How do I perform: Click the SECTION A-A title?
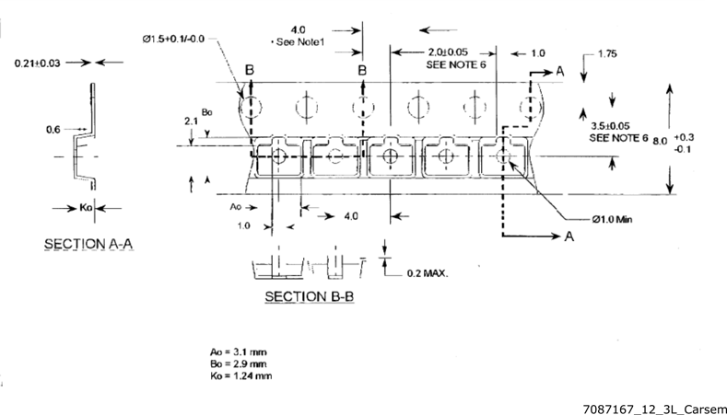pyautogui.click(x=88, y=244)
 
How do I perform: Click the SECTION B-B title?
pyautogui.click(x=310, y=296)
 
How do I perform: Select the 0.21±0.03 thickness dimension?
pyautogui.click(x=38, y=63)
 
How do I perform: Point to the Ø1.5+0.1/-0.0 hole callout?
pyautogui.click(x=173, y=39)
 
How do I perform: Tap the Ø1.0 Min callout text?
pyautogui.click(x=612, y=219)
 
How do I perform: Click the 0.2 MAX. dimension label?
pyautogui.click(x=428, y=273)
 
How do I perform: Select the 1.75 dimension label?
pyautogui.click(x=607, y=53)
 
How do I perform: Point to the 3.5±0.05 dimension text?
pyautogui.click(x=611, y=126)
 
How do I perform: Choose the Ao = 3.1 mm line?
pyautogui.click(x=239, y=352)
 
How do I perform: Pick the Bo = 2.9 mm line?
pyautogui.click(x=239, y=363)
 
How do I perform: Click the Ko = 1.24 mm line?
pyautogui.click(x=241, y=375)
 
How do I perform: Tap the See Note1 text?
pyautogui.click(x=299, y=42)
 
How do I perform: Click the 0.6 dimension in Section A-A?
pyautogui.click(x=53, y=130)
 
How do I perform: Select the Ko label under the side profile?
pyautogui.click(x=87, y=208)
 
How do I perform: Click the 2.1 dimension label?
pyautogui.click(x=192, y=121)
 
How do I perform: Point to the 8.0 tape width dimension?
pyautogui.click(x=661, y=141)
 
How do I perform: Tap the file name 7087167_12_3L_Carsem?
pyautogui.click(x=655, y=409)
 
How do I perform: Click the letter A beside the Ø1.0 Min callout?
pyautogui.click(x=569, y=236)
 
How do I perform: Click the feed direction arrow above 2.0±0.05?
pyautogui.click(x=439, y=30)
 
